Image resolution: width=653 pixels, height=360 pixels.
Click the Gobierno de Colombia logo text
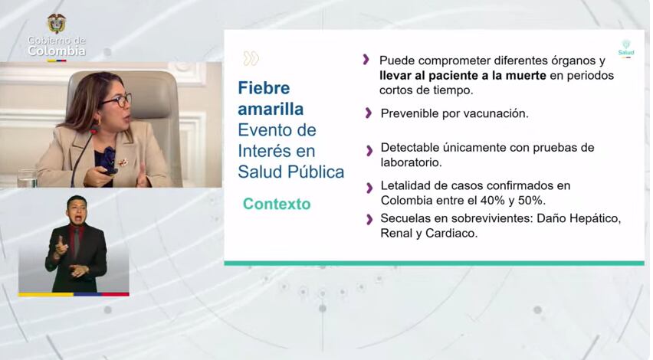(57, 46)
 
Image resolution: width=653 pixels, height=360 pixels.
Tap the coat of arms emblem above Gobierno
(57, 23)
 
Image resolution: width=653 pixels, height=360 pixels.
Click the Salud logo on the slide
(626, 48)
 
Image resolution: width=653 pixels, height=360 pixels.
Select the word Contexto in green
(277, 204)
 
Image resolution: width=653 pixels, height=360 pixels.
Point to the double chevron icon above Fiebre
(251, 58)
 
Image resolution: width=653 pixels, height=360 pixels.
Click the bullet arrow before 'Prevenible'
(369, 113)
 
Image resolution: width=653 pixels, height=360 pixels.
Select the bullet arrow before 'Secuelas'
(369, 220)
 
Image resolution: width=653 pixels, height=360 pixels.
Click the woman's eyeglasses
(117, 100)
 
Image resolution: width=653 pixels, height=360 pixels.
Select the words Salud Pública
(290, 172)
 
